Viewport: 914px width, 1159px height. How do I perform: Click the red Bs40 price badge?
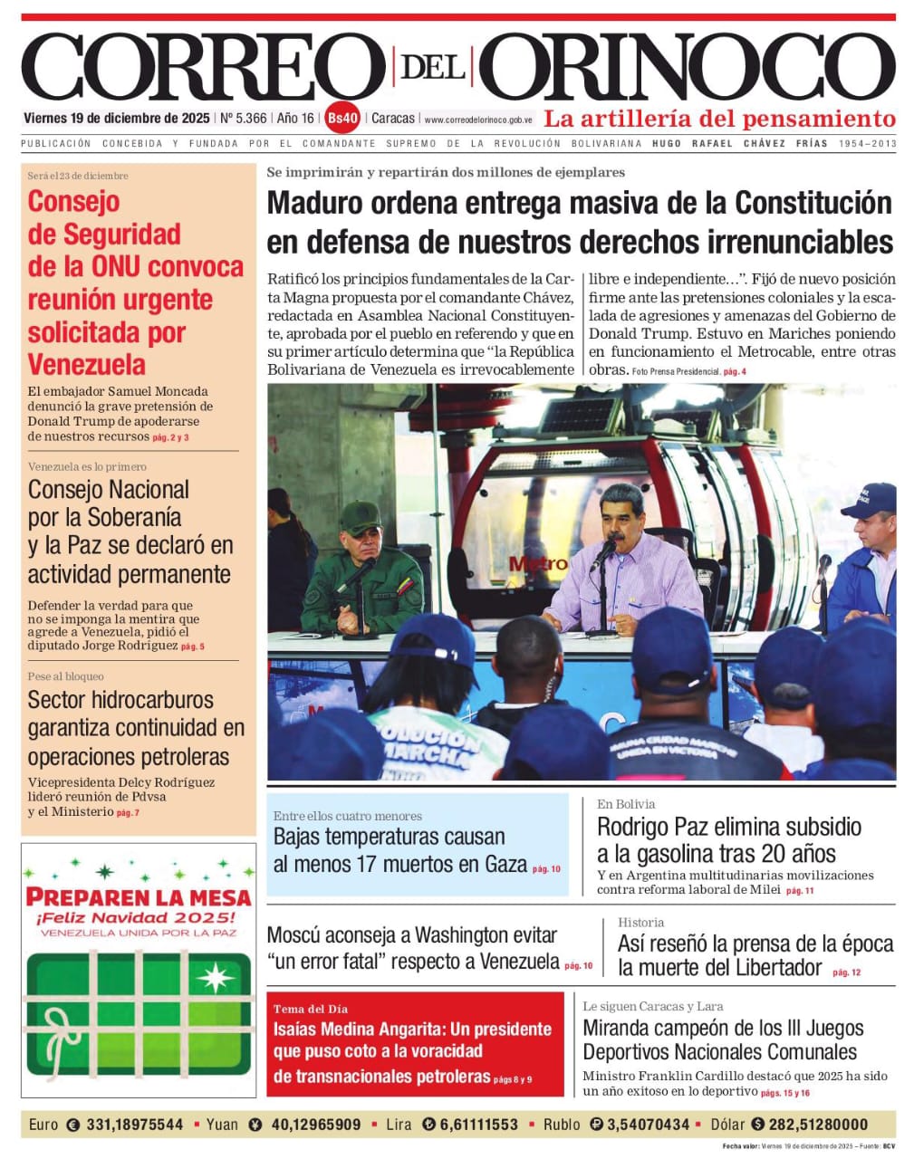343,118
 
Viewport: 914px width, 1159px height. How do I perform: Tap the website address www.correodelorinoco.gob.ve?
477,120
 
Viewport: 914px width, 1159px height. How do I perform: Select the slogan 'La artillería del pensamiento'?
719,119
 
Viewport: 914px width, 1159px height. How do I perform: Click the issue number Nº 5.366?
244,118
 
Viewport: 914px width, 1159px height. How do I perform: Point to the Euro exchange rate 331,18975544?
134,1125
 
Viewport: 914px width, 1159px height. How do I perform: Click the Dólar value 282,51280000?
819,1125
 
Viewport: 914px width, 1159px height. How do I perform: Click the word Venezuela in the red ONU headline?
86,365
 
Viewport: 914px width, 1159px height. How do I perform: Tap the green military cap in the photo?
360,517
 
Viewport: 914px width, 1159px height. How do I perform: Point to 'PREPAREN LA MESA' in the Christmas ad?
139,897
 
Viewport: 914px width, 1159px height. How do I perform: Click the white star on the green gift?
215,977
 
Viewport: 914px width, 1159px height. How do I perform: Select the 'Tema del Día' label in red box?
311,1009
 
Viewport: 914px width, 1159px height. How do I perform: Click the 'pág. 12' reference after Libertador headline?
846,972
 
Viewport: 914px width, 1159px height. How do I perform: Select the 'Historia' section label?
640,922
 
